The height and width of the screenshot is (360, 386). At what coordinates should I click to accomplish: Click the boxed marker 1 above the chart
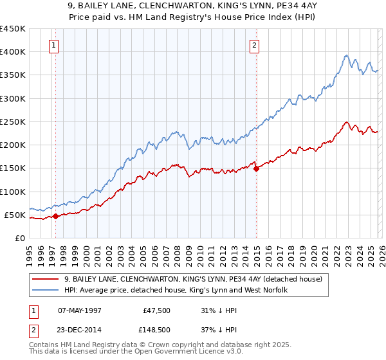pos(53,45)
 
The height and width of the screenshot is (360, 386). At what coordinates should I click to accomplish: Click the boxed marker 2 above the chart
pos(255,45)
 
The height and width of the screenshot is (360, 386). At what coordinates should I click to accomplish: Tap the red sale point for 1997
pos(55,216)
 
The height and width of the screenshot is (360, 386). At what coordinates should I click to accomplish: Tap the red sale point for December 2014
pos(257,169)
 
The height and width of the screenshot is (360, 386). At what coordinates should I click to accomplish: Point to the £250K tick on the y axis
pos(13,122)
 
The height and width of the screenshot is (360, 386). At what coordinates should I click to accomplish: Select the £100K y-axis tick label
pos(13,192)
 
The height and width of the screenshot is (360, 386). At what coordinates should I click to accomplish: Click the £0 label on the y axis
pos(19,238)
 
